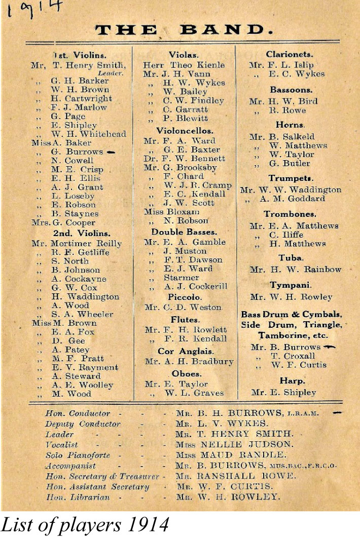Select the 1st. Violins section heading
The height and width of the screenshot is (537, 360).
80,54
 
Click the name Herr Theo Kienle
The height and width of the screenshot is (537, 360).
184,65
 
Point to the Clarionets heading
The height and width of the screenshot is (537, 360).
290,54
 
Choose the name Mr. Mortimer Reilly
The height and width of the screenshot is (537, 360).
77,243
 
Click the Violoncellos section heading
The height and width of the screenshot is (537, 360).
184,131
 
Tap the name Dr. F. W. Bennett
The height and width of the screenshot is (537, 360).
184,159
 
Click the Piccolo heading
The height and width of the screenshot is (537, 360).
185,297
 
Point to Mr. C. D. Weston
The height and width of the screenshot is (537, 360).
183,307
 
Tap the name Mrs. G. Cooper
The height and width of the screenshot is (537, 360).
63,222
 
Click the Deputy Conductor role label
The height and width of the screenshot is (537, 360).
83,424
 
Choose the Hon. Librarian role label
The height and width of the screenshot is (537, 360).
77,497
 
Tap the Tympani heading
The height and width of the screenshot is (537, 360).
291,285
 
